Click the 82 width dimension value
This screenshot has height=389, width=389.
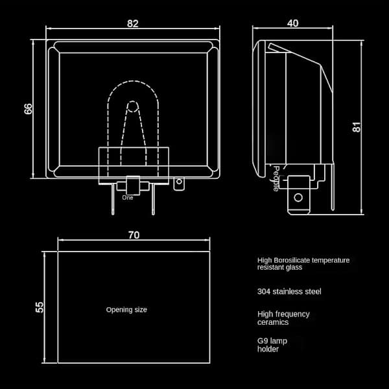tap(132, 23)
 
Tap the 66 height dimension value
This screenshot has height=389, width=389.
tap(29, 109)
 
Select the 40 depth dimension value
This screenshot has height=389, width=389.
tap(293, 23)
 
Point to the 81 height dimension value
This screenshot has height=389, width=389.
tap(357, 127)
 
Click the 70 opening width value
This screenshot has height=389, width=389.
tap(134, 235)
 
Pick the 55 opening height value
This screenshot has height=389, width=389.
tap(40, 307)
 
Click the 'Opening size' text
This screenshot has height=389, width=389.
tap(126, 310)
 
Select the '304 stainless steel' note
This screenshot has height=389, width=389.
tap(289, 292)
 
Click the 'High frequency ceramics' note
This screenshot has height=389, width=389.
tap(283, 318)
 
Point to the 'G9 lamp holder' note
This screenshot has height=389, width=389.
tap(272, 345)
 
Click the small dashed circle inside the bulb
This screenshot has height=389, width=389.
tap(132, 107)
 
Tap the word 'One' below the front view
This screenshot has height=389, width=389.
tap(128, 198)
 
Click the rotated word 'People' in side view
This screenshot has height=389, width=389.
tap(276, 179)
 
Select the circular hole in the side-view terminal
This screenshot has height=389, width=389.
tap(298, 198)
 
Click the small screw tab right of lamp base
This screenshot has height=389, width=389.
tap(179, 183)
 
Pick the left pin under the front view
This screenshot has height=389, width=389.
tap(113, 199)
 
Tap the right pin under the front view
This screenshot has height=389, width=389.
tap(153, 199)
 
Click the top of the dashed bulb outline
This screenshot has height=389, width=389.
tap(133, 81)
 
